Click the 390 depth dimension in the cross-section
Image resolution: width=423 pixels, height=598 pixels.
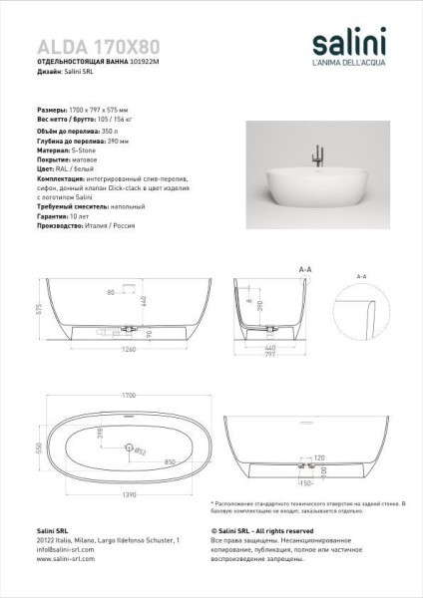tap(260, 304)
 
